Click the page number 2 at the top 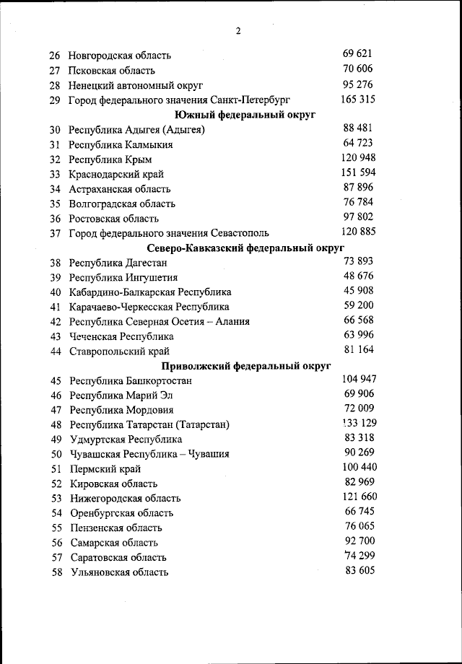click(x=237, y=30)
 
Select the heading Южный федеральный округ click(x=245, y=115)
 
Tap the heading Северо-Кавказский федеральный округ click(x=245, y=248)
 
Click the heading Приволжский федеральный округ click(x=245, y=366)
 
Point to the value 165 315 click(x=357, y=99)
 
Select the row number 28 click(x=55, y=85)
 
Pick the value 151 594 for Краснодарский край click(x=357, y=172)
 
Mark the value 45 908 click(x=359, y=291)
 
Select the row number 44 click(x=56, y=351)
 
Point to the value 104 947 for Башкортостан click(x=359, y=379)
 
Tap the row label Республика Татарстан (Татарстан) click(x=149, y=425)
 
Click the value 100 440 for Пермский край click(x=359, y=467)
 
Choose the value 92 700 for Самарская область click(x=359, y=541)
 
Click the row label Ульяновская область click(x=120, y=572)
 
